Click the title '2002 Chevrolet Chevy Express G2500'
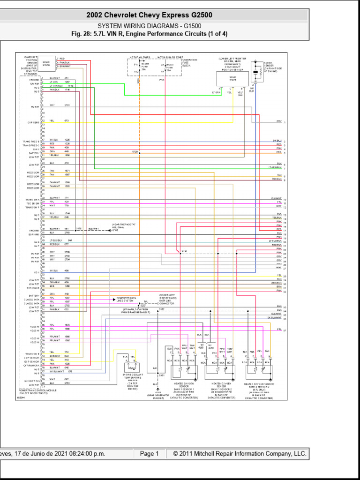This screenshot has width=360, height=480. coord(149,15)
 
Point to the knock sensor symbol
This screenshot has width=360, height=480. coord(256,73)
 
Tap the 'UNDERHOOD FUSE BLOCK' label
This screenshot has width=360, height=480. coord(189,63)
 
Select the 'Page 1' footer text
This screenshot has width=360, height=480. coord(150,454)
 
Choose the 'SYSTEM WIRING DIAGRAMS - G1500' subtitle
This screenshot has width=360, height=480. coord(149,26)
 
